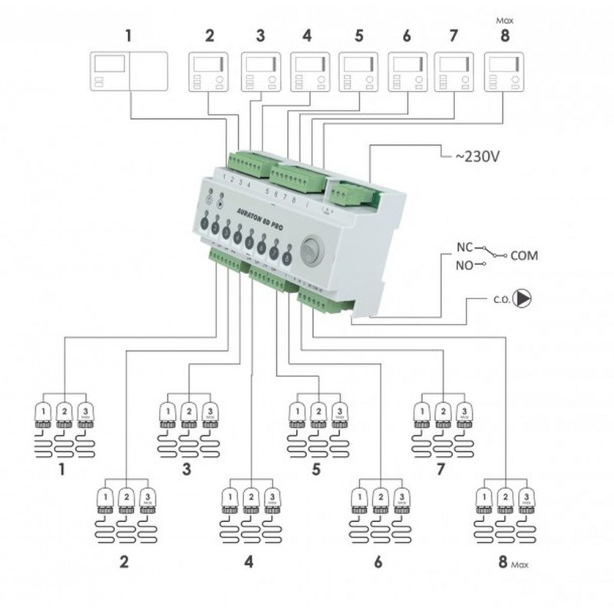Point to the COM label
524,256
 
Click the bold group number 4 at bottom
248,562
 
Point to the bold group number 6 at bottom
378,562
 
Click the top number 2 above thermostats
209,35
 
